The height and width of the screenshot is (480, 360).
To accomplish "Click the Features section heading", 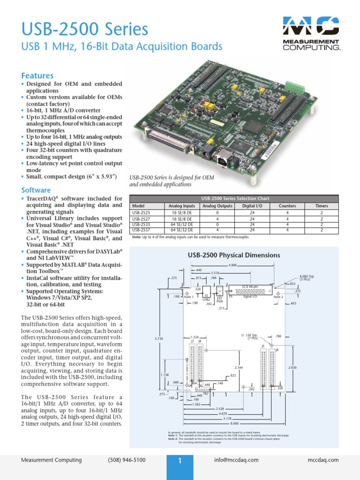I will click(37, 75).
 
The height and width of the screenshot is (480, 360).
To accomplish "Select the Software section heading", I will click(36, 190).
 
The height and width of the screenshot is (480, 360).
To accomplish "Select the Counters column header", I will click(287, 206).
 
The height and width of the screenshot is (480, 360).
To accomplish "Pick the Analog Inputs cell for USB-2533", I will click(182, 225).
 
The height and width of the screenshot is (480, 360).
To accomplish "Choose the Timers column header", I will click(322, 206).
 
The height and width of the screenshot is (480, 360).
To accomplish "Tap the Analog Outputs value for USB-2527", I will click(217, 218).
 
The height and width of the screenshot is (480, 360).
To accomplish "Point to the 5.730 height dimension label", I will click(159, 338).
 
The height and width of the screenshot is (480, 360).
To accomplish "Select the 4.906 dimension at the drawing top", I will click(232, 265).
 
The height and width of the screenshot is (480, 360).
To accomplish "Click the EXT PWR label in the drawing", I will click(219, 299).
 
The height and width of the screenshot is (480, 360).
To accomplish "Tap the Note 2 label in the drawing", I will click(278, 297).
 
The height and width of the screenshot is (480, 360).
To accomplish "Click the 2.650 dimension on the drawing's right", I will click(292, 367).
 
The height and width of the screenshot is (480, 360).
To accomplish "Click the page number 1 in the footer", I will click(180, 461).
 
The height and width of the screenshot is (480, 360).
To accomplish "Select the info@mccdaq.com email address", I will click(236, 460).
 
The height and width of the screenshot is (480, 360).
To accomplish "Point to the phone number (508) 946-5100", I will click(126, 460).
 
